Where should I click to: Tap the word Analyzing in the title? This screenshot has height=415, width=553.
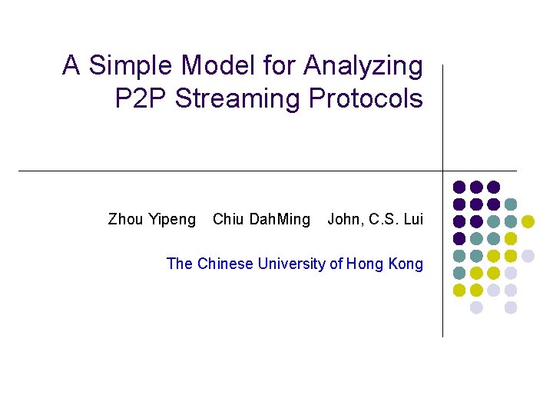363,66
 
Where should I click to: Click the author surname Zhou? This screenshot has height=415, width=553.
125,220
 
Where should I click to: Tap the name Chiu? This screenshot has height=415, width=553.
228,220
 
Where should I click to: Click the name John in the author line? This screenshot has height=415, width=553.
345,220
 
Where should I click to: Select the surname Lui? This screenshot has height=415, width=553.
413,220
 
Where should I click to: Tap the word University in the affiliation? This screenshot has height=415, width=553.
292,264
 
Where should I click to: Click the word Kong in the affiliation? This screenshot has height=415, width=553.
406,264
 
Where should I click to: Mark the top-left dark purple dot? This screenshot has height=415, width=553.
459,187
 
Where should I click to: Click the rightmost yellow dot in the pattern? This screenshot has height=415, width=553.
528,221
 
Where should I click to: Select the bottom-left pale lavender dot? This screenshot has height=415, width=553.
476,307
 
